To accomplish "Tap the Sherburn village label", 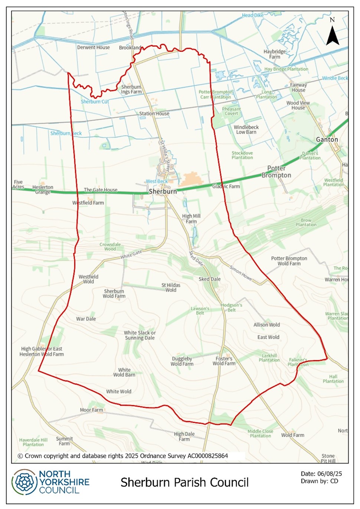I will point(163,191).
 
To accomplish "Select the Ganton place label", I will point(327,139).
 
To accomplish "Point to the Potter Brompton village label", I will point(276,172).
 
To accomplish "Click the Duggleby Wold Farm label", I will point(182,361).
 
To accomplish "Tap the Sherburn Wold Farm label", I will point(114,293).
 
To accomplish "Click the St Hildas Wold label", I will point(171,288).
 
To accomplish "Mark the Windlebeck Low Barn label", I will point(246,129).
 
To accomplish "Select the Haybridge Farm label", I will point(275,54).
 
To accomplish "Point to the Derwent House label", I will point(93,47).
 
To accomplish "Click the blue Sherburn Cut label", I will point(95,102).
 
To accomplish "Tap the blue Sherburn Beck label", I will point(66,133).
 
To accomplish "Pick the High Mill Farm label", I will point(191,219).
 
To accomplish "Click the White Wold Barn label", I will point(124,372).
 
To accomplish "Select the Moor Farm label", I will point(91,410).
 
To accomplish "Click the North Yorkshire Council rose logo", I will point(24,482).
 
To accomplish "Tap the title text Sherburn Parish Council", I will point(184,482).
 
